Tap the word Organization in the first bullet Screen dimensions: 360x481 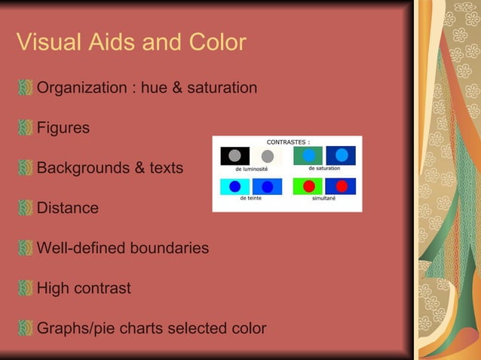tap(82, 88)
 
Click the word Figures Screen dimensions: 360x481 tap(63, 128)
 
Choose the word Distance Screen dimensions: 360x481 tap(68, 208)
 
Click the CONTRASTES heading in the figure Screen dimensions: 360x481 tap(288, 142)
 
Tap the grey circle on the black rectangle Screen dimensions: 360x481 tap(234, 156)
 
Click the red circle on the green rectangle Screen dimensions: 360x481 tap(308, 186)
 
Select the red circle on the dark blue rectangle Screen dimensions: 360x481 tap(341, 186)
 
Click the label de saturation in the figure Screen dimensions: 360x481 tap(324, 168)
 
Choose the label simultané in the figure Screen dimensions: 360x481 tap(325, 198)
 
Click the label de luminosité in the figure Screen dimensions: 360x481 tap(251, 169)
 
